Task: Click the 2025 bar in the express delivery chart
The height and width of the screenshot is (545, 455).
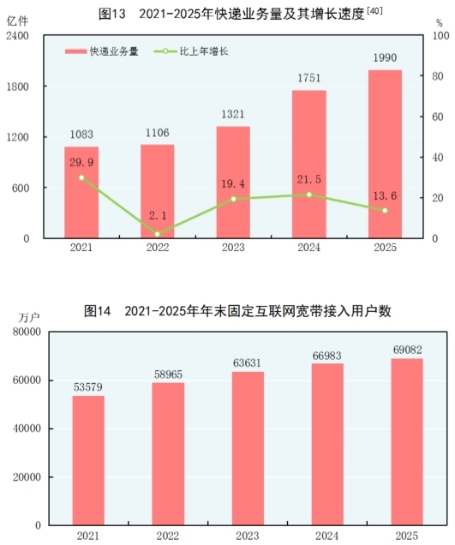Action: click(385, 154)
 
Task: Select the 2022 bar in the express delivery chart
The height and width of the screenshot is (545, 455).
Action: click(157, 191)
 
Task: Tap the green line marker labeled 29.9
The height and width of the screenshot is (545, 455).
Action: click(81, 177)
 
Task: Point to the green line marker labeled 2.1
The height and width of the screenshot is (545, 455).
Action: click(158, 234)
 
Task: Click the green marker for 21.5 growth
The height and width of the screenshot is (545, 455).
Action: click(309, 195)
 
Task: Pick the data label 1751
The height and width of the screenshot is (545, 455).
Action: click(309, 78)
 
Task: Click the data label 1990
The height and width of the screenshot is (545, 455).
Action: click(385, 57)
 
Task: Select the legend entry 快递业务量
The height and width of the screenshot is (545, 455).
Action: click(102, 51)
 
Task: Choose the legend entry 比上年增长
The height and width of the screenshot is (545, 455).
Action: click(191, 51)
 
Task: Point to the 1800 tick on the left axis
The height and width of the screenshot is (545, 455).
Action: click(17, 87)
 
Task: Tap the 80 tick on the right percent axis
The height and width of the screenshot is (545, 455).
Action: click(438, 76)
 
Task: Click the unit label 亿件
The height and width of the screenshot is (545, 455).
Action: click(17, 21)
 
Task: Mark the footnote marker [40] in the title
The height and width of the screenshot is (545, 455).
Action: click(374, 11)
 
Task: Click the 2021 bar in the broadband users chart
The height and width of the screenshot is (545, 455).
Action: click(88, 460)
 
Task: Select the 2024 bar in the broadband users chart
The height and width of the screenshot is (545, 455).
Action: click(327, 444)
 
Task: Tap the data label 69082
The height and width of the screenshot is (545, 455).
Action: click(407, 350)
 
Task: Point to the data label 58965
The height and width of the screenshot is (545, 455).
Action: click(168, 374)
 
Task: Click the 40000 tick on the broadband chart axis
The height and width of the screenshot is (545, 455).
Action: click(27, 428)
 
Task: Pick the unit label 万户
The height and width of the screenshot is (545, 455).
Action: click(29, 318)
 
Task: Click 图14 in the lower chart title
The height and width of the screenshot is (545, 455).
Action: click(98, 311)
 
